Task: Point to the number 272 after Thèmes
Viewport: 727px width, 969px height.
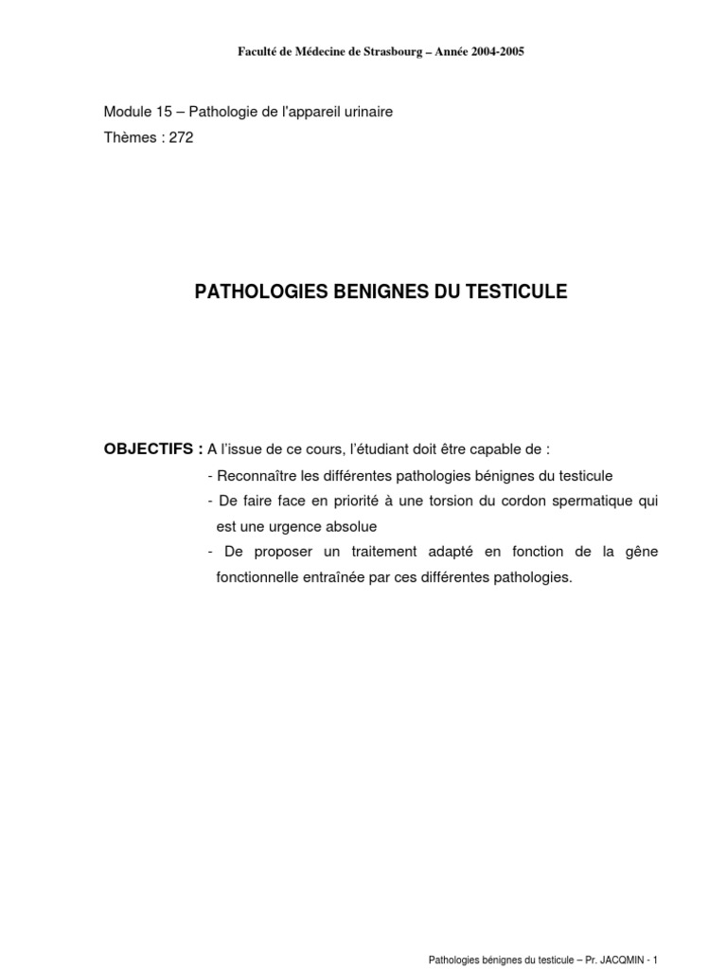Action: coord(181,136)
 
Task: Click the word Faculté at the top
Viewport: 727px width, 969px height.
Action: coord(257,51)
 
